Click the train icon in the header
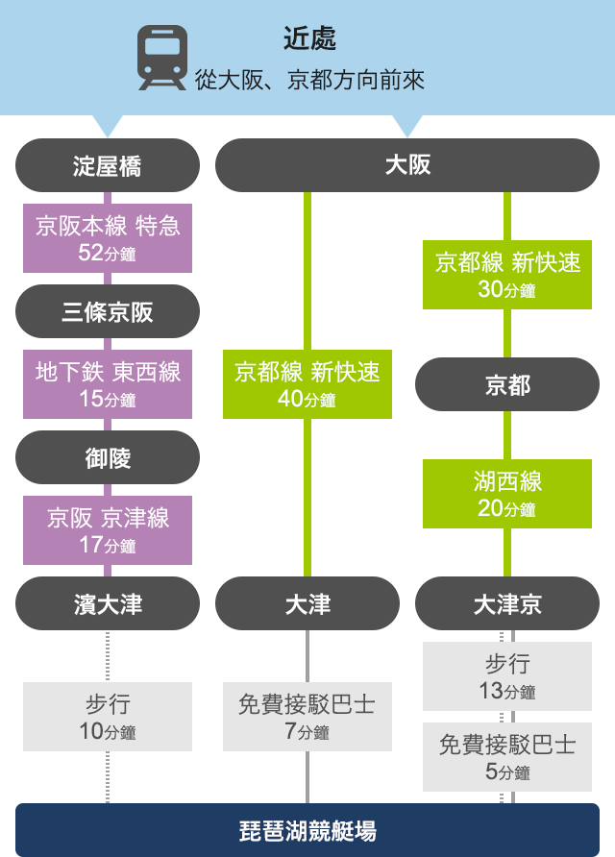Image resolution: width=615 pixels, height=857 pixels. (x=162, y=58)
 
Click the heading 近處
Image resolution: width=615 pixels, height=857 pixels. (x=309, y=38)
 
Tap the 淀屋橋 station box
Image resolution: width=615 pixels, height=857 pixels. (x=108, y=165)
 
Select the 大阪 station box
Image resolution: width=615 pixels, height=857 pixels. (x=407, y=165)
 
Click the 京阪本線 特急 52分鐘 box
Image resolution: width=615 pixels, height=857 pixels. (x=108, y=238)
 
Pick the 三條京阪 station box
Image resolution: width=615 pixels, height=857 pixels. (x=108, y=311)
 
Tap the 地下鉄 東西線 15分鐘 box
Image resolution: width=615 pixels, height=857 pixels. (x=108, y=384)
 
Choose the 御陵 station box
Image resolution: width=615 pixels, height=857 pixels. (x=108, y=457)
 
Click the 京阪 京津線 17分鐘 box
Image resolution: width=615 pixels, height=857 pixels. (x=108, y=530)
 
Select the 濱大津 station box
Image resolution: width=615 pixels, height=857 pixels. (x=108, y=603)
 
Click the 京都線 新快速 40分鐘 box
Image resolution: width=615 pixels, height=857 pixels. (x=307, y=384)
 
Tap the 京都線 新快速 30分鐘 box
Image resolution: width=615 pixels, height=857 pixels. (x=507, y=275)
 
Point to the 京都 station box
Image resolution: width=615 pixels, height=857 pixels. (x=507, y=384)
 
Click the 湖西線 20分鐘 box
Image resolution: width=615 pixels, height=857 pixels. (x=507, y=494)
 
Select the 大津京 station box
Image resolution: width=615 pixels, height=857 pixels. (x=507, y=603)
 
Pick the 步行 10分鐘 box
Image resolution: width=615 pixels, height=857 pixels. (x=108, y=717)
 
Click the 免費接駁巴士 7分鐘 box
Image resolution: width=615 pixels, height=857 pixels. (x=307, y=717)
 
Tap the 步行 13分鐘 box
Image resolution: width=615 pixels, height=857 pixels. (x=507, y=676)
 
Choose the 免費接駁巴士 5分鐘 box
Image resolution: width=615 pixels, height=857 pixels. (x=507, y=757)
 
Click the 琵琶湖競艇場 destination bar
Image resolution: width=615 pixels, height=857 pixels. (x=307, y=830)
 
